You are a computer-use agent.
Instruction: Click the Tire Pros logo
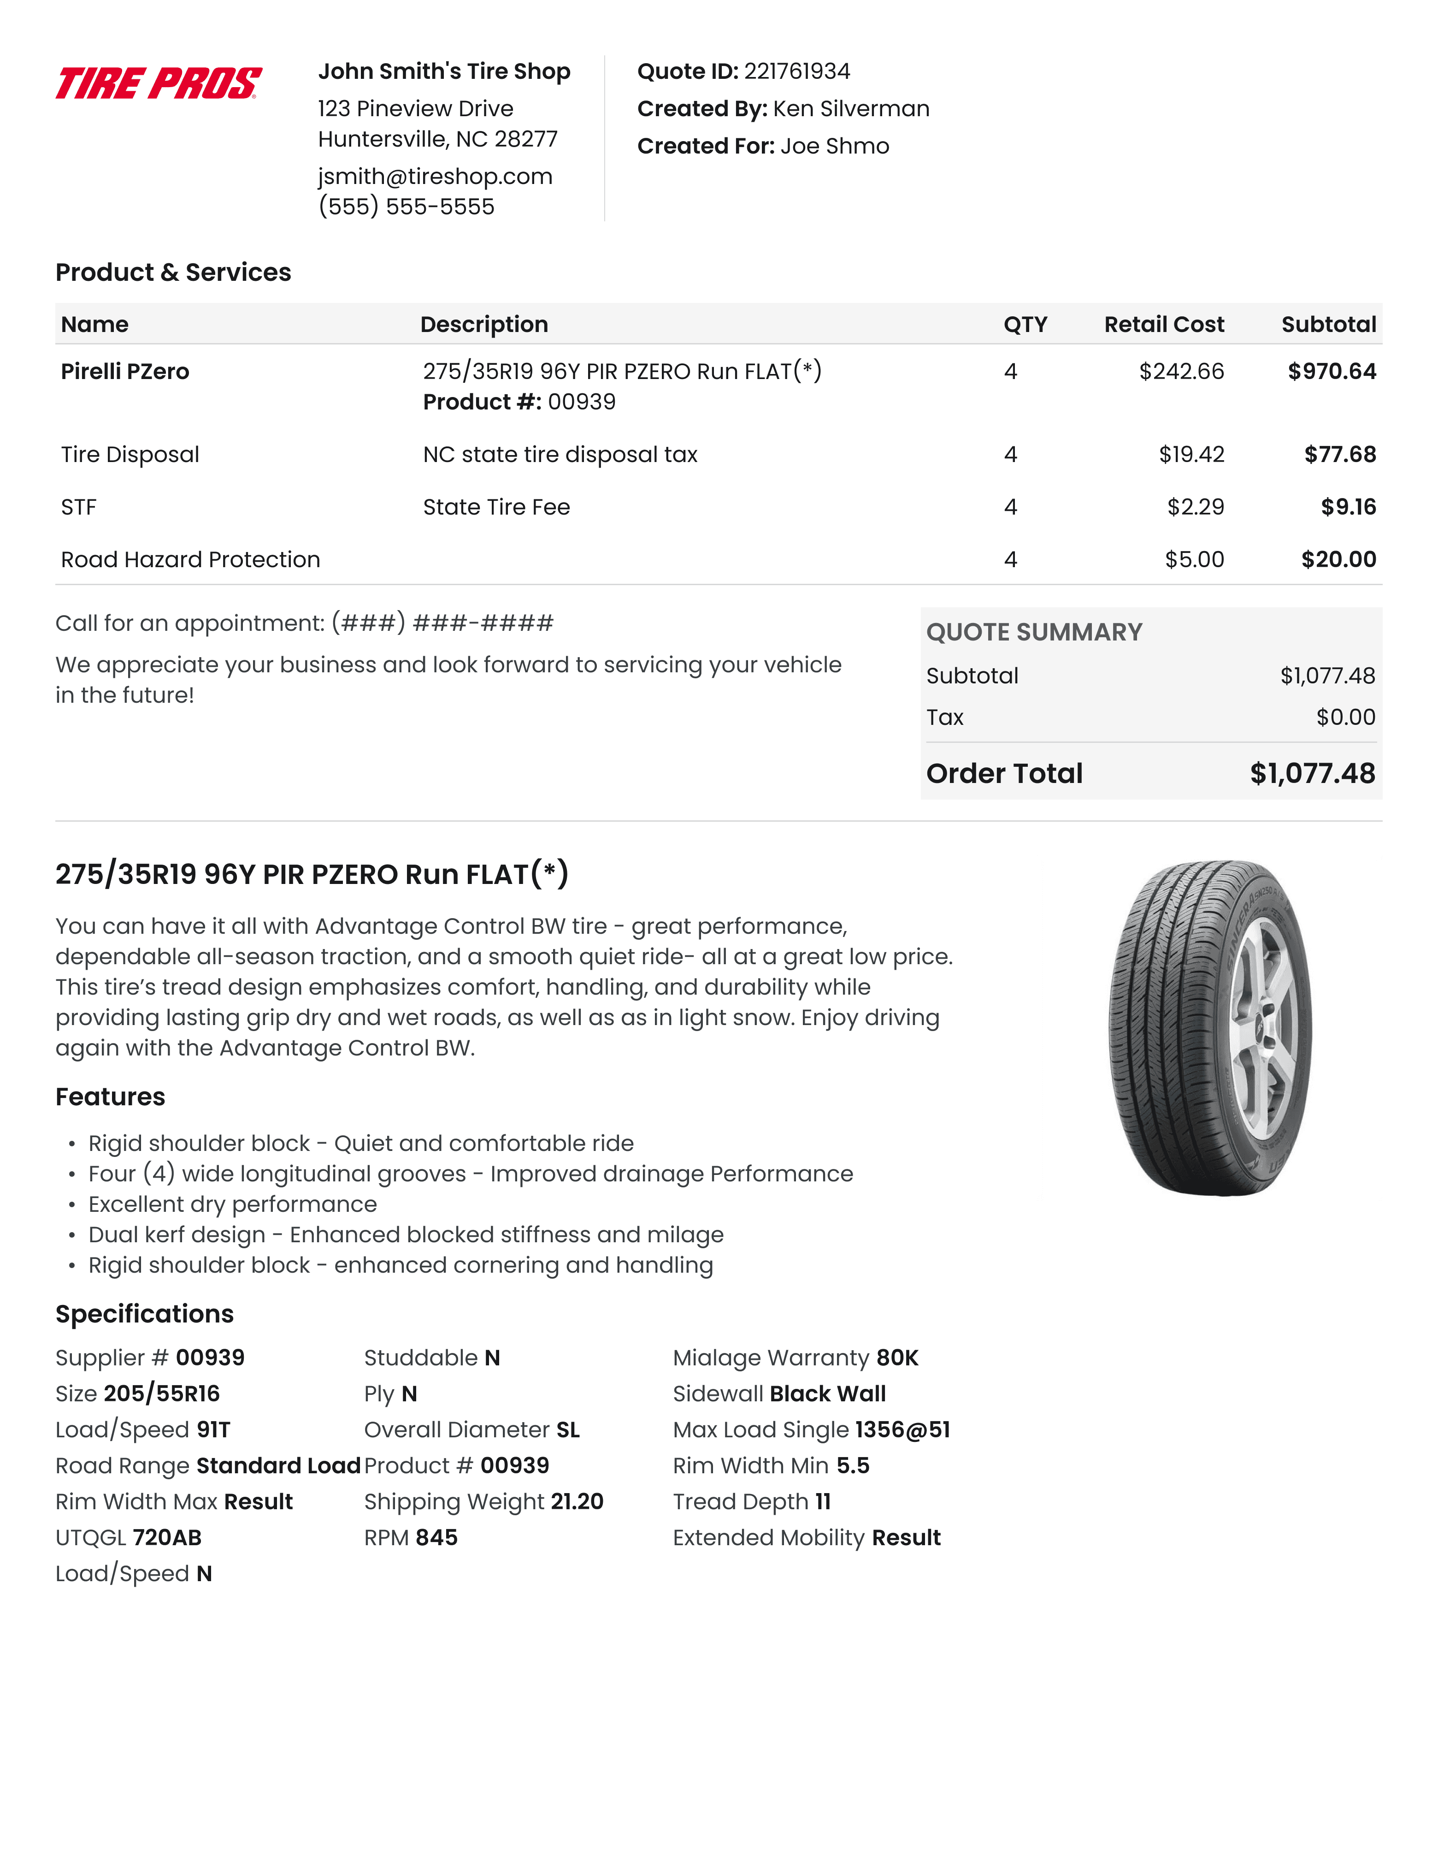coord(159,83)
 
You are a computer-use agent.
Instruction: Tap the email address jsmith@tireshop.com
coord(435,177)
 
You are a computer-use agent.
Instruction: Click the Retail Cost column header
coord(1163,325)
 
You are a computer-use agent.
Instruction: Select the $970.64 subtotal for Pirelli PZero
coord(1332,372)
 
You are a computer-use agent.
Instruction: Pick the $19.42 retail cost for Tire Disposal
coord(1191,454)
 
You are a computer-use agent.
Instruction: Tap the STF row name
coord(78,507)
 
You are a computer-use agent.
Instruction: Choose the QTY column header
coord(1025,325)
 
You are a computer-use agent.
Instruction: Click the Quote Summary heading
coord(1033,633)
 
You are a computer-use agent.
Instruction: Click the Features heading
coord(110,1097)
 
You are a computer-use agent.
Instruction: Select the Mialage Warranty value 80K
coord(897,1358)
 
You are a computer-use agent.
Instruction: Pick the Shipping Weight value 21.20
coord(577,1502)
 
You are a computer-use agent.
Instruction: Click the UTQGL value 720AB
coord(167,1538)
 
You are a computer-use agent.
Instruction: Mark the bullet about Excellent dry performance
coord(232,1204)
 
